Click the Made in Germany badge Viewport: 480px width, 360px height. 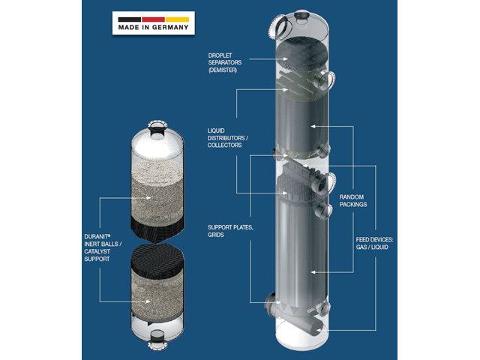[153, 23]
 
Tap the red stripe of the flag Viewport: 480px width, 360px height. [153, 19]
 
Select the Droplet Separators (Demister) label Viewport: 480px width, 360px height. [225, 63]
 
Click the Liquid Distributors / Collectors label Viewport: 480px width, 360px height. [228, 138]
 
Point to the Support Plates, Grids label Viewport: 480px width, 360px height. [230, 231]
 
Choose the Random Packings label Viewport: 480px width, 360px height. [353, 200]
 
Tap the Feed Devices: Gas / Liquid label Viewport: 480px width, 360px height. [374, 243]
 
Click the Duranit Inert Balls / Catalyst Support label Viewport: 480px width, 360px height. [103, 247]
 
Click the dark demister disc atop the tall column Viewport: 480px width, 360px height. [302, 55]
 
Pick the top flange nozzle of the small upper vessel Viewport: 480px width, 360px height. [157, 127]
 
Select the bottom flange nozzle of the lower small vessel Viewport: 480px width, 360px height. [157, 340]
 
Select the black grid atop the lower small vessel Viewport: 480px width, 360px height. [157, 260]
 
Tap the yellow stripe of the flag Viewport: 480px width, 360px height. [177, 19]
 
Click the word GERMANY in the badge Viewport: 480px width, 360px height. [170, 28]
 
